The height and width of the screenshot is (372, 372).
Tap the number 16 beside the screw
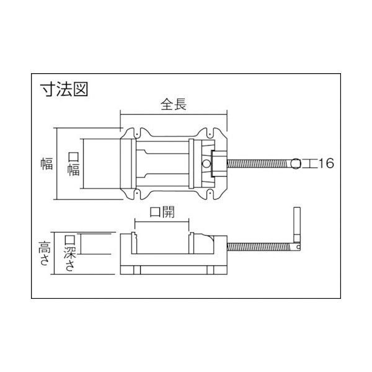[x=326, y=164]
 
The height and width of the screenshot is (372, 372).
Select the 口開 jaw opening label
[x=162, y=211]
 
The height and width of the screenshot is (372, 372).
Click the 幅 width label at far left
[x=45, y=164]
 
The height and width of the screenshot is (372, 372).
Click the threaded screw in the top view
[x=260, y=164]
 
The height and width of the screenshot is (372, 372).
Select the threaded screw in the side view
[x=260, y=246]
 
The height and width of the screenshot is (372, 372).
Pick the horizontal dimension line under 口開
[x=162, y=221]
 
